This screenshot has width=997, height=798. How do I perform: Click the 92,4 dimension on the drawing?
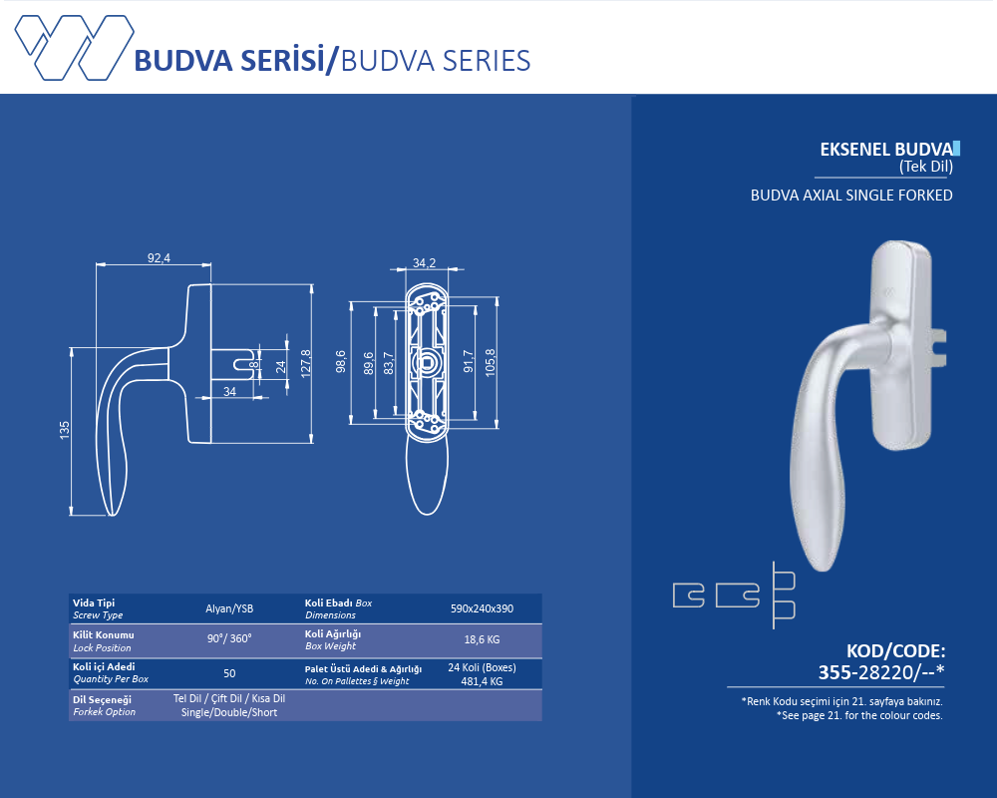pyautogui.click(x=159, y=258)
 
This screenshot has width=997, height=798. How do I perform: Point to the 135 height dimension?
pyautogui.click(x=65, y=430)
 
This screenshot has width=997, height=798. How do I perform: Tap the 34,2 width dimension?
pyautogui.click(x=424, y=263)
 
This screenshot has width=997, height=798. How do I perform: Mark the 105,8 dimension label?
pyautogui.click(x=490, y=361)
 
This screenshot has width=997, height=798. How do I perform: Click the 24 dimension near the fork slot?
pyautogui.click(x=281, y=366)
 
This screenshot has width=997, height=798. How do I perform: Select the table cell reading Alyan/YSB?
pyautogui.click(x=229, y=608)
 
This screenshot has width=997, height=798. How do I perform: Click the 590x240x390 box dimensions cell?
pyautogui.click(x=482, y=608)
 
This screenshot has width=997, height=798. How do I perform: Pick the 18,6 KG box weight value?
pyautogui.click(x=482, y=639)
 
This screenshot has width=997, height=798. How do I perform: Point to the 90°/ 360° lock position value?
pyautogui.click(x=229, y=639)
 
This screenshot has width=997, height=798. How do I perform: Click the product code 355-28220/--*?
pyautogui.click(x=880, y=672)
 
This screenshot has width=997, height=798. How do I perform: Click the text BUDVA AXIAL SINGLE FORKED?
pyautogui.click(x=851, y=196)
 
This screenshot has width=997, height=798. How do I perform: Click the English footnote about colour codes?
pyautogui.click(x=859, y=715)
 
